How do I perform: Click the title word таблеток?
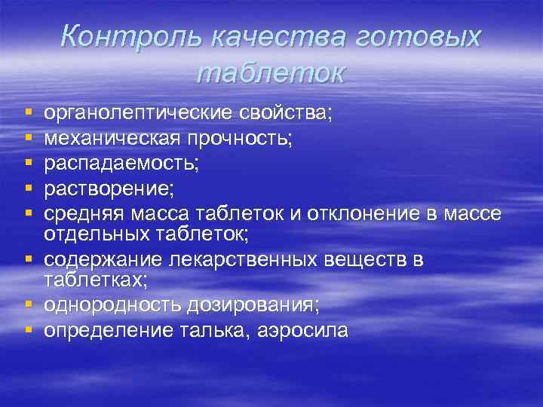click(x=270, y=72)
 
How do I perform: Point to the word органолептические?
click(x=140, y=113)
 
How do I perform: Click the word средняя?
click(x=81, y=213)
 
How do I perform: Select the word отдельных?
click(x=90, y=234)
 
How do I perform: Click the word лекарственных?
click(x=250, y=259)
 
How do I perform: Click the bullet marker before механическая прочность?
click(x=28, y=138)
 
